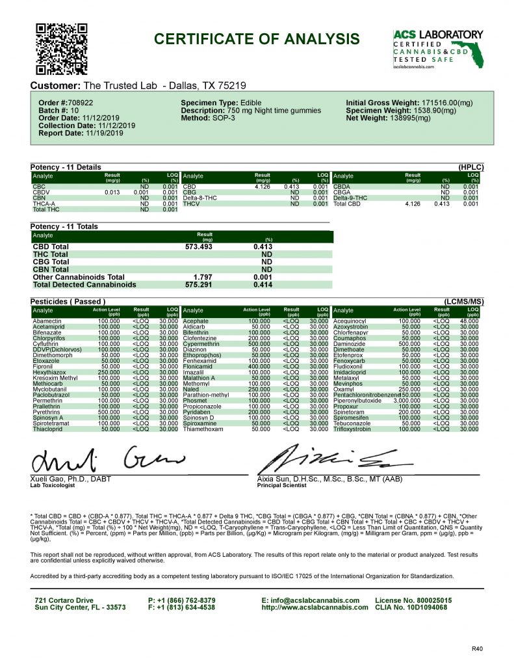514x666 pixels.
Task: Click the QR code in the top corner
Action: coord(60,49)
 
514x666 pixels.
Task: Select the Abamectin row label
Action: coord(47,321)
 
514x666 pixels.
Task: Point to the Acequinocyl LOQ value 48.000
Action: coord(469,321)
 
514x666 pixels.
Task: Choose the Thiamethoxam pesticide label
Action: coord(203,429)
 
